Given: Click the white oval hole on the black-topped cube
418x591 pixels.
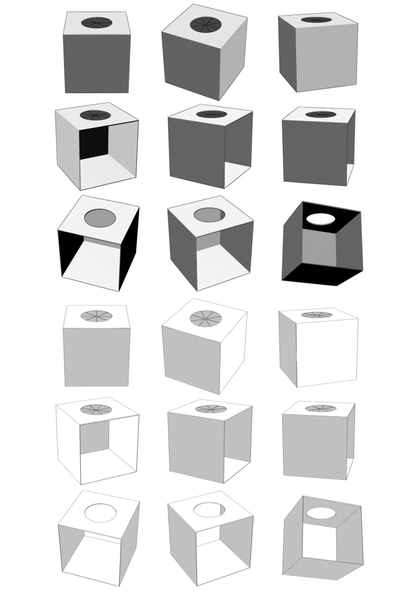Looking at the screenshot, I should [322, 219].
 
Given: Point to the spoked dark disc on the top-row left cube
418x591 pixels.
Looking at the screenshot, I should [96, 23].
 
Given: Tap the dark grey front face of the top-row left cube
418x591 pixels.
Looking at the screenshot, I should [97, 63].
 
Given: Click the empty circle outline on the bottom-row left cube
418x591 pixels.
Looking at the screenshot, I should [100, 513].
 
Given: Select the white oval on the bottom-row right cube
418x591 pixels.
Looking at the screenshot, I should [322, 513].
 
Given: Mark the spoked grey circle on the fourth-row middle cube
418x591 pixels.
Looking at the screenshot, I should [205, 318].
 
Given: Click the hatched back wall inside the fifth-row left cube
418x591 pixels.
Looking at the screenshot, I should [94, 436].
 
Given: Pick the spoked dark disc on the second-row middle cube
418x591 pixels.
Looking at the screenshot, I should [211, 114].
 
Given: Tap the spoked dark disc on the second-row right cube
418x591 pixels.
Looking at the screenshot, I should [320, 114].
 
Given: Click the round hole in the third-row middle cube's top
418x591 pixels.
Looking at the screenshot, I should [210, 215].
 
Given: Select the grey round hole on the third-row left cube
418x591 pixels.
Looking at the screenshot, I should [100, 218].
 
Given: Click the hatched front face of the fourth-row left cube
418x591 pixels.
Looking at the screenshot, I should [97, 357].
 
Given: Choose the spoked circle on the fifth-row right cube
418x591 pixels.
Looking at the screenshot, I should [320, 408].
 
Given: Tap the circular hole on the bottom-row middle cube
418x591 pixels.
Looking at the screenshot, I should [210, 510].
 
